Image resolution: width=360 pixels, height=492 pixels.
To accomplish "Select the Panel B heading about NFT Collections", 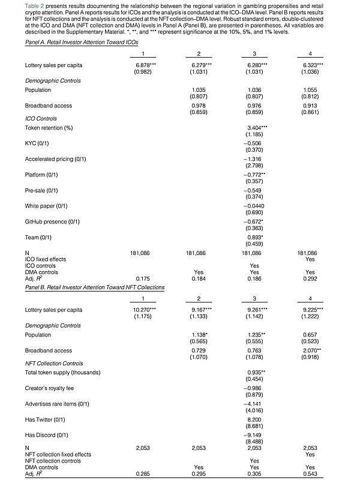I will coord(95,287).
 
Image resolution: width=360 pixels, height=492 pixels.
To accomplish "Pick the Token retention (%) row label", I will coord(49,128).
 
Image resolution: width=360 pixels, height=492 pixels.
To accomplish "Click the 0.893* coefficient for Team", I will coord(254,237).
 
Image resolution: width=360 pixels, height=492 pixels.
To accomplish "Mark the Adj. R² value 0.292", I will coord(310,279).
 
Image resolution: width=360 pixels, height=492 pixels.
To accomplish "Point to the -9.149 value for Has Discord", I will coord(254,436).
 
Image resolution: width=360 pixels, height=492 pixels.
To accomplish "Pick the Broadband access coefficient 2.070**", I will coord(312,350).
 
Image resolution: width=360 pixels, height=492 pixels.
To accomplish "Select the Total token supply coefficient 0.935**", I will coord(256,373).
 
